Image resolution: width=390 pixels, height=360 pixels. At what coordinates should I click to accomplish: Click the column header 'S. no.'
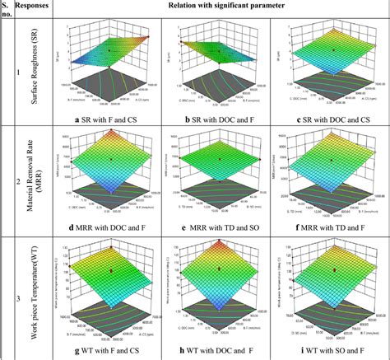point(8,11)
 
